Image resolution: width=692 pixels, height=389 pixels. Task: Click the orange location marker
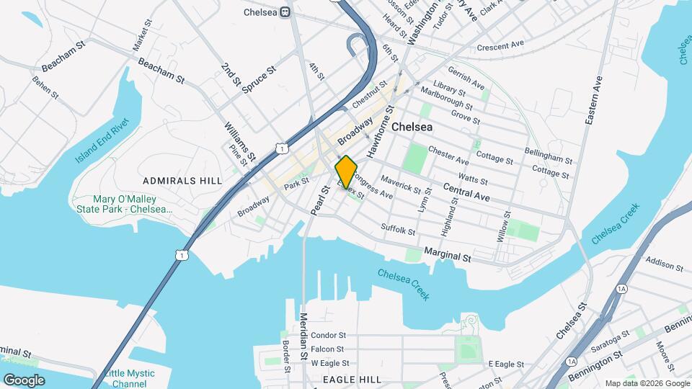point(346,171)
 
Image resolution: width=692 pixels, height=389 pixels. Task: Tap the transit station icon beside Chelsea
point(286,12)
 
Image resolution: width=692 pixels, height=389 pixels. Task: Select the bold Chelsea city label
point(412,126)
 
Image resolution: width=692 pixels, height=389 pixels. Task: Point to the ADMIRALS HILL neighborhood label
point(182,180)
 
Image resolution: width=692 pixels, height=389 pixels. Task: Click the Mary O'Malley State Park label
point(125,204)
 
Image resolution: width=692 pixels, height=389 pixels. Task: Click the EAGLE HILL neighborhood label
point(351,379)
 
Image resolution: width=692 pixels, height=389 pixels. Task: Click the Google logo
point(24,380)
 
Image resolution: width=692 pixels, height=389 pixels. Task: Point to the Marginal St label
point(447,254)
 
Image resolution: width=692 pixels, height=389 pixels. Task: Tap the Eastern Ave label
point(593,101)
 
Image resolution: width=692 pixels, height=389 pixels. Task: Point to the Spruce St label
point(260,80)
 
